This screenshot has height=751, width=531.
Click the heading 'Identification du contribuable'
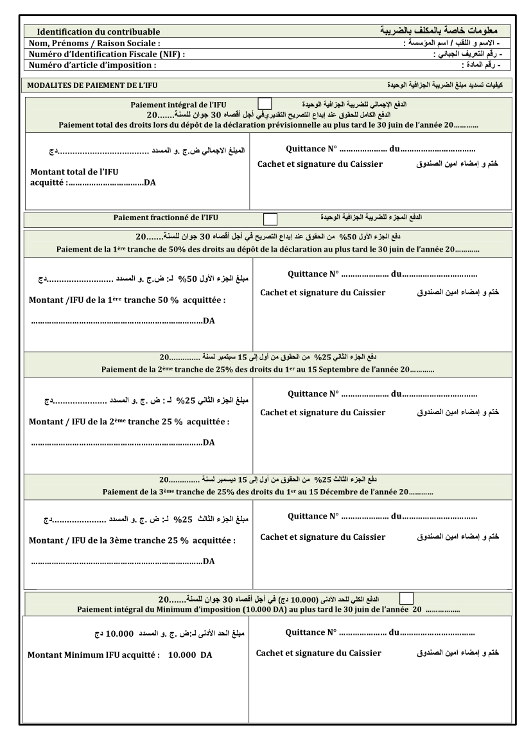[x=98, y=31]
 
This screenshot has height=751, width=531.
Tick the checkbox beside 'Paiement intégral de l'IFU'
[x=265, y=103]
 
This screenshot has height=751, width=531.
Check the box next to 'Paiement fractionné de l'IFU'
[x=271, y=219]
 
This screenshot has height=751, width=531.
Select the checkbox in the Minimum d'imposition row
[x=406, y=599]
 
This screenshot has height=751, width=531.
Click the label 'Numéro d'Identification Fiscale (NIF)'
[x=107, y=54]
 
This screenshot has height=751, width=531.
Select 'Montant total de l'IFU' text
[x=74, y=171]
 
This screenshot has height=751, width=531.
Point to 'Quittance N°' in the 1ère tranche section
[x=313, y=274]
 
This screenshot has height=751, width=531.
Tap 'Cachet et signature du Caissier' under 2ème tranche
[x=322, y=412]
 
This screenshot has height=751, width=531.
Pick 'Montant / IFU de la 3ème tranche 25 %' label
[x=132, y=540]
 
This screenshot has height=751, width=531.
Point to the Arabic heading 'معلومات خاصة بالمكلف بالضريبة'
[x=439, y=31]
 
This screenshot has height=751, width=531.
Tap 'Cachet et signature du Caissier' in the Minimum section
[x=318, y=653]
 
